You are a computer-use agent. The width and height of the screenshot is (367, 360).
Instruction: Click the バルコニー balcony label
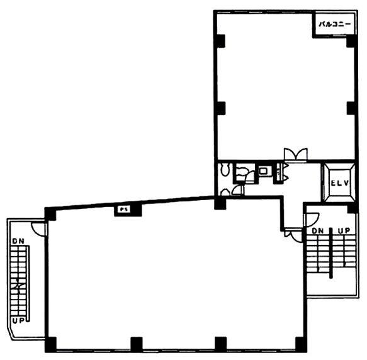point(334,24)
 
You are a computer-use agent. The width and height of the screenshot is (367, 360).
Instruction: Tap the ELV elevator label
point(339,183)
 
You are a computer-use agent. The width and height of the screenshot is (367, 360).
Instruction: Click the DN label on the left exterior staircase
point(18,241)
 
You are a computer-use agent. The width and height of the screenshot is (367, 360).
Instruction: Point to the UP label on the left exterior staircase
point(18,320)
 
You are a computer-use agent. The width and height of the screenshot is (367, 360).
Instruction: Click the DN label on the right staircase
point(317,231)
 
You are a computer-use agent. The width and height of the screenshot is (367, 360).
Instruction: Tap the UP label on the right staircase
point(344,231)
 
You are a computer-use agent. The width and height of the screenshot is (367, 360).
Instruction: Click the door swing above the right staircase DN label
point(312,219)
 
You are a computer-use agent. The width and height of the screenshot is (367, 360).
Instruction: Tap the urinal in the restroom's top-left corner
point(225,169)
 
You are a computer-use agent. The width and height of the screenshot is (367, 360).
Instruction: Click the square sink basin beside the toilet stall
point(264,171)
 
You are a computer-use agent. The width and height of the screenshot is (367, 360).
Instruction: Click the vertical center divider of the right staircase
point(330,253)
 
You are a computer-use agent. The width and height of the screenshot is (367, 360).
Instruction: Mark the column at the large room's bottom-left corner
point(51,344)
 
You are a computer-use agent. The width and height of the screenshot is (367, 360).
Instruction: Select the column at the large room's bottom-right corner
point(301,344)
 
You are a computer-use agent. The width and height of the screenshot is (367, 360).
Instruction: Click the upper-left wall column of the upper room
point(221,41)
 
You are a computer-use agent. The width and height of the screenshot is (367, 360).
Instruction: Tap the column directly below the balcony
point(351,41)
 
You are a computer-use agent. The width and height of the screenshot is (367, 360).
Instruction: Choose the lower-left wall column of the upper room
point(221,108)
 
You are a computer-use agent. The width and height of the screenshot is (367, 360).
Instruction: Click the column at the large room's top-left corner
point(50,214)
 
